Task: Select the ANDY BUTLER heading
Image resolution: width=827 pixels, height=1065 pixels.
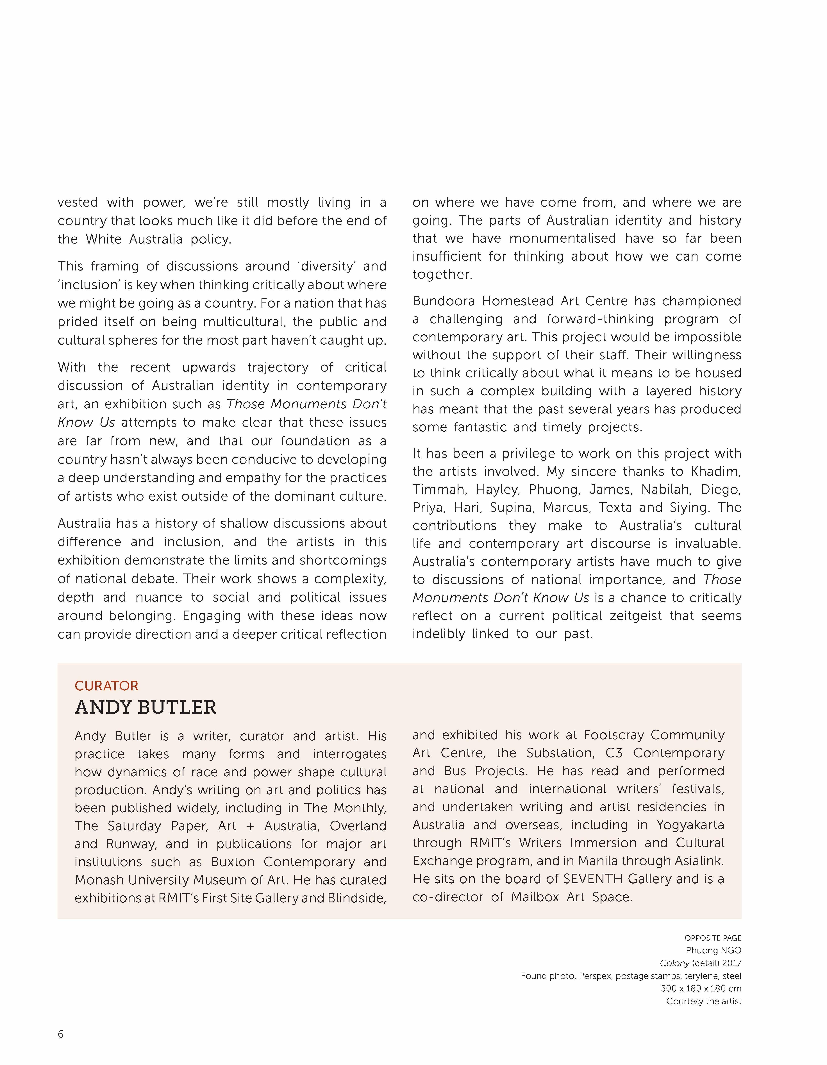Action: pyautogui.click(x=145, y=707)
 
